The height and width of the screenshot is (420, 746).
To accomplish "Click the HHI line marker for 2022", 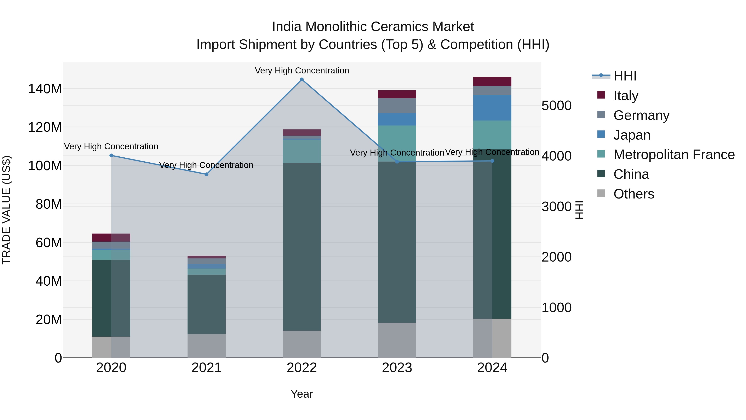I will pos(302,79).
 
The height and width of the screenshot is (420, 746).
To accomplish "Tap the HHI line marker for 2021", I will pos(206,174).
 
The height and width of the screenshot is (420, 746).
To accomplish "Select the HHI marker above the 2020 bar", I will pos(111,155).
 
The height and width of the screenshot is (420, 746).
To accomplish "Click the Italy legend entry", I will pos(626,96).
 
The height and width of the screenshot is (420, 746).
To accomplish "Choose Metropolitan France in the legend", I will pos(674,155).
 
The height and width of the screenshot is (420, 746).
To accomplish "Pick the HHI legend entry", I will pos(624,76).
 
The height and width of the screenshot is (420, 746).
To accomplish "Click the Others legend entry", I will pos(633,194).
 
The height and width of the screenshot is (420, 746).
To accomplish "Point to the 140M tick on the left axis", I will pos(45,89).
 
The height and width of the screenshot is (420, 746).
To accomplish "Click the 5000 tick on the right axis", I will pos(556,106).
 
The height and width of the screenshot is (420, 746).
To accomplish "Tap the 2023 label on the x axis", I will pos(397,368).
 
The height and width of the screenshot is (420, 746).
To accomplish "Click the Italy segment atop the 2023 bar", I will pos(397,94).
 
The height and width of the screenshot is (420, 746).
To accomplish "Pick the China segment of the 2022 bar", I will pos(302,246).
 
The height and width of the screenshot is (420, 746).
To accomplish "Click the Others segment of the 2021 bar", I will pos(206,346).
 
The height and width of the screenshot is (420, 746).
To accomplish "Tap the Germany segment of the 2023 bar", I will pos(397,106).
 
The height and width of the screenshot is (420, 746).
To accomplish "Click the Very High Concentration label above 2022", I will pos(302,71).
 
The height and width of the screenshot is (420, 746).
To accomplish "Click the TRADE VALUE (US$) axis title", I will pos(6,210).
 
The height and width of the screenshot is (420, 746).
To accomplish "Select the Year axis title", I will pos(302,394).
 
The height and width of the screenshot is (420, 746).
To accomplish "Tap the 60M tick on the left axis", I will pos(49,243).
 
